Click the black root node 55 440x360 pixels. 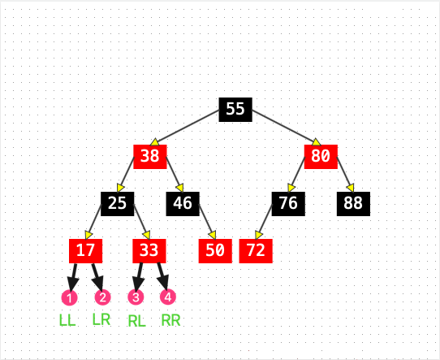tap(235, 110)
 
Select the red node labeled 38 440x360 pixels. tap(150, 157)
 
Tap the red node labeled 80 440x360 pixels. tap(321, 157)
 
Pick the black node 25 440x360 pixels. tap(117, 204)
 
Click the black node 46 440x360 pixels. tap(183, 204)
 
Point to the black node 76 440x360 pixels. tap(288, 204)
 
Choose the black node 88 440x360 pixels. tap(353, 204)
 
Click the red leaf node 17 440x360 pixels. tap(85, 251)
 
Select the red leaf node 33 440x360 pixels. tap(149, 251)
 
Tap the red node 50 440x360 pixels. tap(215, 251)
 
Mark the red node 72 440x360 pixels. tap(256, 251)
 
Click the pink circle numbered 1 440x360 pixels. tap(69, 297)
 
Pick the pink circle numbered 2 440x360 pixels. tap(103, 297)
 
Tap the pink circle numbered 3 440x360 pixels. tap(136, 297)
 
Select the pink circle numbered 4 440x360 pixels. tap(168, 297)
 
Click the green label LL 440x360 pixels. tap(67, 320)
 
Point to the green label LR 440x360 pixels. tap(101, 319)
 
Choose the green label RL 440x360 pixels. tap(137, 321)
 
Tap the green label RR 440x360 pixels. tap(170, 320)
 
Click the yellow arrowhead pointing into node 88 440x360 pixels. tap(350, 188)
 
